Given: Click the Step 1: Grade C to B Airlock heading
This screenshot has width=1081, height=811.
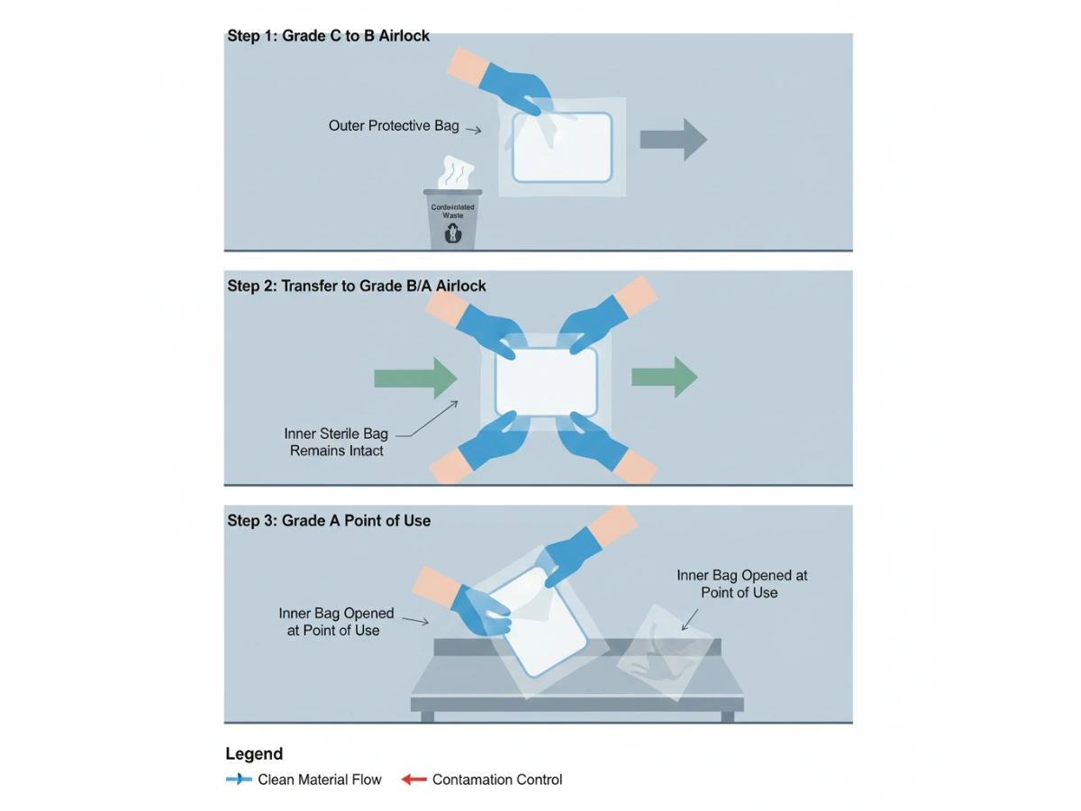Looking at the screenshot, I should click(x=328, y=36).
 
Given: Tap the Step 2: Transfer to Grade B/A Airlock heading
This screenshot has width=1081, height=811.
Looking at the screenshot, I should click(x=357, y=286).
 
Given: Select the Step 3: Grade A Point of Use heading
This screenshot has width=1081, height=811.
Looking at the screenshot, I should click(x=329, y=520).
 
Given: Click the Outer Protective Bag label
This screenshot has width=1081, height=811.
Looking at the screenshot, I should click(x=394, y=125).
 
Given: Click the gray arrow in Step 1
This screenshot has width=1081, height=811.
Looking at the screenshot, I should click(x=673, y=139).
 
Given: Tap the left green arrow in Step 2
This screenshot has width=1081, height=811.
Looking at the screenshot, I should click(x=416, y=378).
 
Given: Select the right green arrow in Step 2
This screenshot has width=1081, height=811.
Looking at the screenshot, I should click(x=664, y=377).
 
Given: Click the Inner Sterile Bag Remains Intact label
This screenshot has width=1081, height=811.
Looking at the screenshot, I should click(x=336, y=442).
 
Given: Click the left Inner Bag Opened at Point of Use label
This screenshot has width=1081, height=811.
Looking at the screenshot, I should click(x=336, y=622).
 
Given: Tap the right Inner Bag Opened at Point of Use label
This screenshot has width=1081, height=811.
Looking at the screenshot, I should click(x=741, y=583).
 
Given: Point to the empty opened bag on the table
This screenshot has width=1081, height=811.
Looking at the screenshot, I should click(x=665, y=652).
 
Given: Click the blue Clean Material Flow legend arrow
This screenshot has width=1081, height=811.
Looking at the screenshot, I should click(x=239, y=779).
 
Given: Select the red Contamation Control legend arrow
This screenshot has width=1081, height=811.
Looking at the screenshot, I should click(x=413, y=779).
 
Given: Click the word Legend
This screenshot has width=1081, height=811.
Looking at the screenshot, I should click(x=254, y=754).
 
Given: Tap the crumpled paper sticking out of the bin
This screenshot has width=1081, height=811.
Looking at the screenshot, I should click(x=455, y=173).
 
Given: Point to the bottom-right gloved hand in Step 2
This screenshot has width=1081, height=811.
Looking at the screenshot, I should click(x=599, y=445).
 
